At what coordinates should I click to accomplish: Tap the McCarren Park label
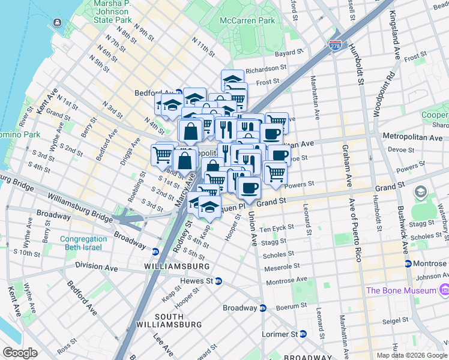point(247,20)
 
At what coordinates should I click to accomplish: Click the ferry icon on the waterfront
point(57,23)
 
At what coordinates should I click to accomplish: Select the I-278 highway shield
point(335,44)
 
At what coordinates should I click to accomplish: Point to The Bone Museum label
point(401,290)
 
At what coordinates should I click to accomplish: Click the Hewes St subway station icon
point(218,281)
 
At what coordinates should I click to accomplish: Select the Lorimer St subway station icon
point(303,334)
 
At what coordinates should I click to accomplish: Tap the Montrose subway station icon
point(408,263)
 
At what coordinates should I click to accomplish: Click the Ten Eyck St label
point(277,228)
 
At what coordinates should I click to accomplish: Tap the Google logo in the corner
point(20,353)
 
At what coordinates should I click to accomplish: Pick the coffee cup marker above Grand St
point(249,187)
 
